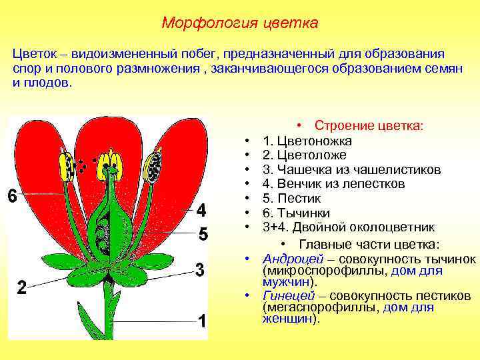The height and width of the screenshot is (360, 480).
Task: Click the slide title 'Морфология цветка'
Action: [x=240, y=23]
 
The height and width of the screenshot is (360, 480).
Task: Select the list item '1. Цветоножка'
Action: [x=307, y=141]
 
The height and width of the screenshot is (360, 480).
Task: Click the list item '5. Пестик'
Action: [x=292, y=198]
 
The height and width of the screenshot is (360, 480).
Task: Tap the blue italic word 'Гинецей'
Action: [x=289, y=296]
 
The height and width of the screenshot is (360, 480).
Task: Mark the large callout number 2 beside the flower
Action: [x=21, y=288]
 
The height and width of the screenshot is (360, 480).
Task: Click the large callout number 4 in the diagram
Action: [x=202, y=211]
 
